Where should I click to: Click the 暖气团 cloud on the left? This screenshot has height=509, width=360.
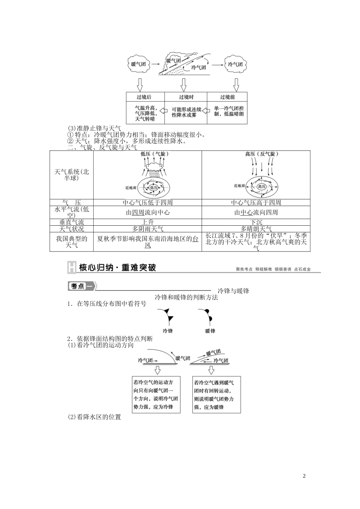[138, 64]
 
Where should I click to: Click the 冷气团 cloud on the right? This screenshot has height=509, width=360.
[235, 64]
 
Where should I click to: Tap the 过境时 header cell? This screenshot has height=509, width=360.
[186, 97]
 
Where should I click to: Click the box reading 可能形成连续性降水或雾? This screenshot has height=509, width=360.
[186, 112]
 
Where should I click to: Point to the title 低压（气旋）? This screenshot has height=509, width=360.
[154, 154]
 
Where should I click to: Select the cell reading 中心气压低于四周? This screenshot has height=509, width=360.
[148, 203]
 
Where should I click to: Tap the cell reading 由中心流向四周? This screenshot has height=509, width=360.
[256, 212]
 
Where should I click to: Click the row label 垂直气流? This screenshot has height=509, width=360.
[72, 222]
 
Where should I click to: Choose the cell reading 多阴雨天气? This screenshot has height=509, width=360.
[148, 229]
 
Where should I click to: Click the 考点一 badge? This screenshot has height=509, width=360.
[81, 286]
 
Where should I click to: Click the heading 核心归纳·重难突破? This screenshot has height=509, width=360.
[117, 268]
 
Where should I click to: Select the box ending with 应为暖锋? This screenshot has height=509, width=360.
[216, 395]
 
